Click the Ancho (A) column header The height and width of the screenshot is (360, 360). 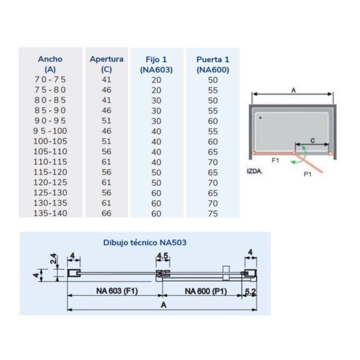50,64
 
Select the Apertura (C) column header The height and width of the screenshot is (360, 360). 106,64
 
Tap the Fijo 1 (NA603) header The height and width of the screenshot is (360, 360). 156,64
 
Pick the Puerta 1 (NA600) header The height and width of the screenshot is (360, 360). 213,64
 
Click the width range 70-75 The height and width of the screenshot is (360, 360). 50,80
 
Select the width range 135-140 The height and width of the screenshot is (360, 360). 50,213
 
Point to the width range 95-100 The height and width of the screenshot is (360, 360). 50,131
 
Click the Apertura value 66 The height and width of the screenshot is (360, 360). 106,213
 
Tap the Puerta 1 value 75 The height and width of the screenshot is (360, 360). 213,214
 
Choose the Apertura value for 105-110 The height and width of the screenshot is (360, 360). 106,152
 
